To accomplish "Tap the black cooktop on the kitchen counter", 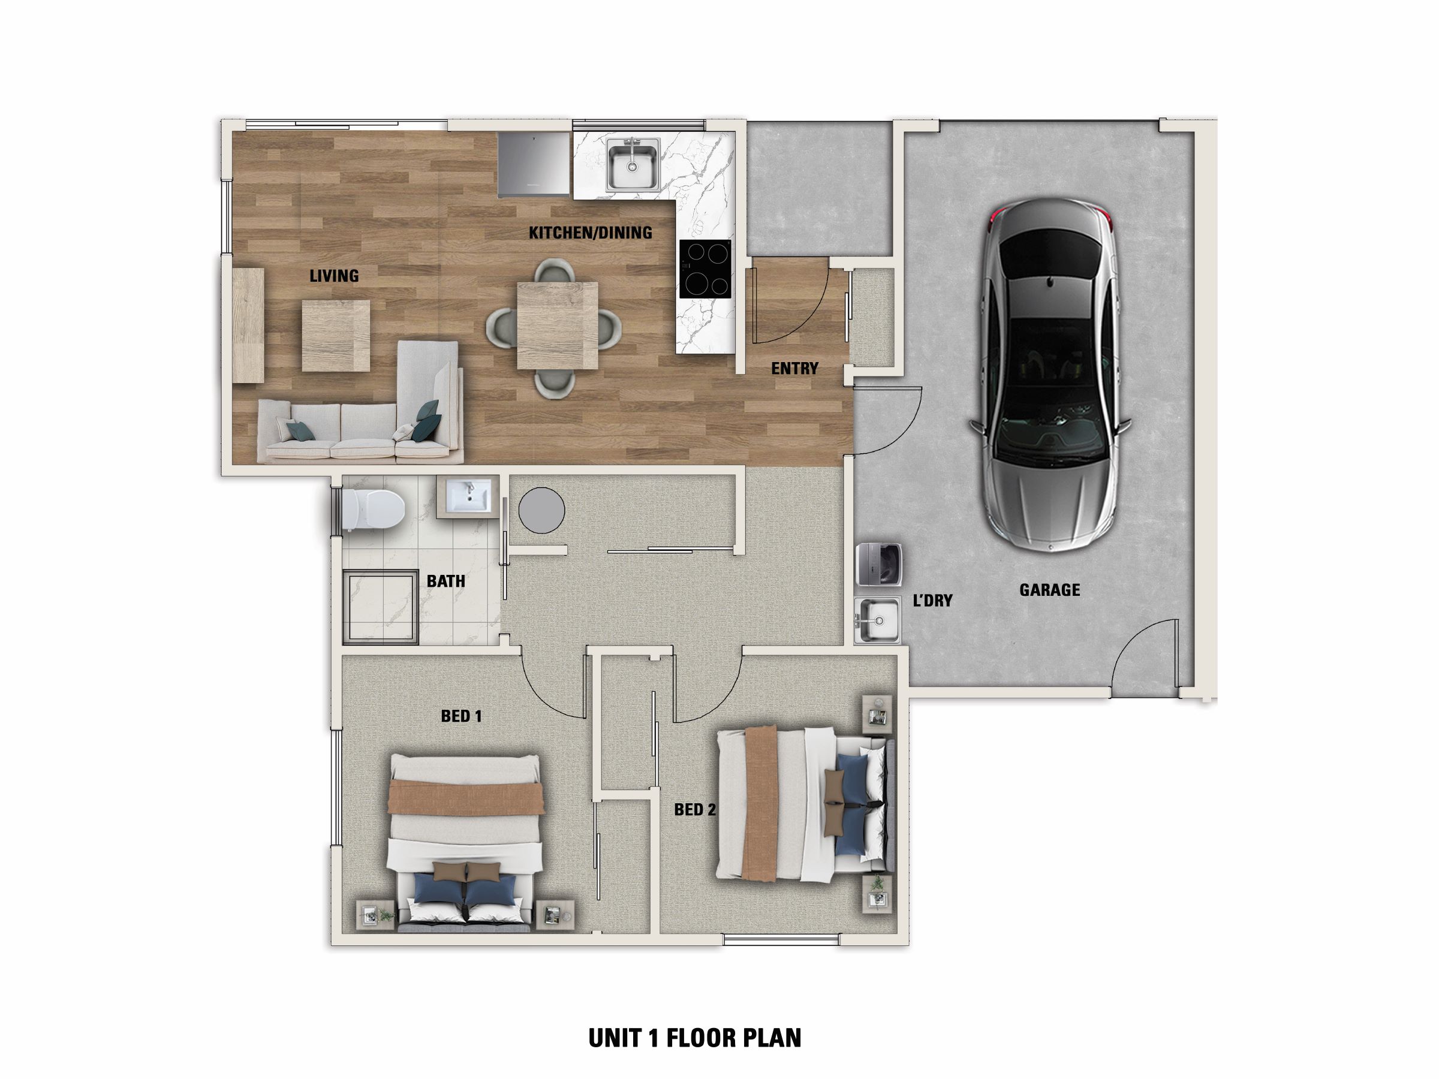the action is coord(705,269).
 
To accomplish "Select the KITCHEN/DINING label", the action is coord(590,232).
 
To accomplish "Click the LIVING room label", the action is coord(334,276).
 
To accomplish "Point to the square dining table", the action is coord(558,325).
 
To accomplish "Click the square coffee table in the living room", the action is coord(336,336).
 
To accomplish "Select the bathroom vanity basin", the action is coord(468,497).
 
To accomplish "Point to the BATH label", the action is coord(445,581).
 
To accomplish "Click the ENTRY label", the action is coord(794,369).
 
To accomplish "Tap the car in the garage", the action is coord(1049,375).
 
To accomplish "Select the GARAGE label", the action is coord(1049,590).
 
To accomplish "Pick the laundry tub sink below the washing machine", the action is coord(877,620).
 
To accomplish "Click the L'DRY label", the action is coord(932,600).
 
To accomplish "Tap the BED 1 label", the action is coord(460,716).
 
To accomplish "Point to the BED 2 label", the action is coord(695,810).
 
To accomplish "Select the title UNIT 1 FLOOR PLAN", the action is coord(695,1038).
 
